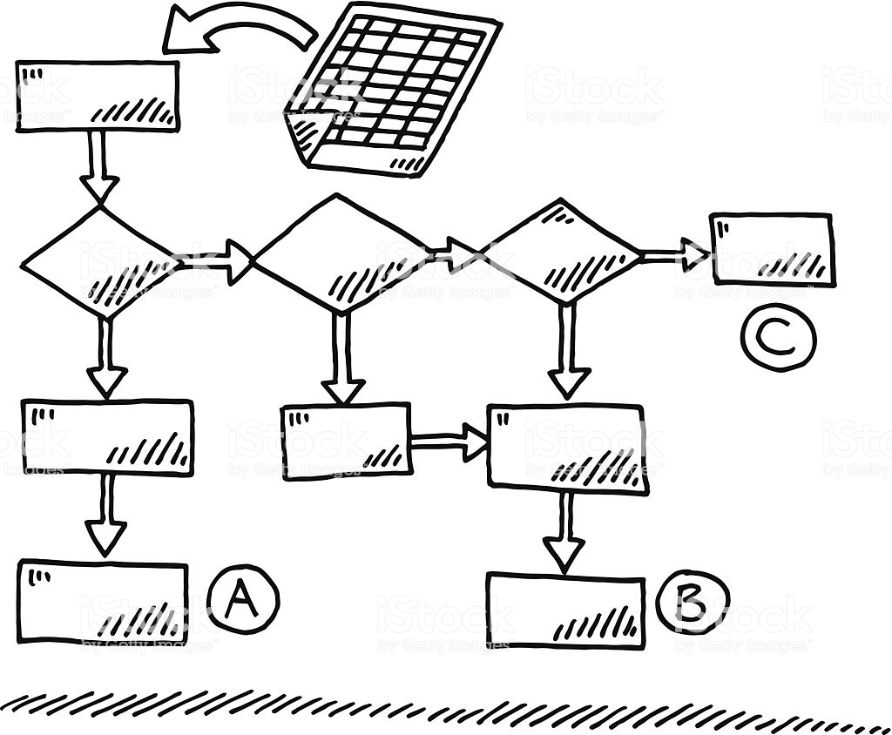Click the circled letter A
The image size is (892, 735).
click(x=243, y=598)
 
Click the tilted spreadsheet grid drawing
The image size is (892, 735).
click(x=395, y=87)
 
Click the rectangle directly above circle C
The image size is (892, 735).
click(x=773, y=248)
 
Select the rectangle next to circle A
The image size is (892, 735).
click(x=103, y=603)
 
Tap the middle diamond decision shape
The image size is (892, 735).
click(x=341, y=253)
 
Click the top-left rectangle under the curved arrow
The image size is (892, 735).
click(x=98, y=96)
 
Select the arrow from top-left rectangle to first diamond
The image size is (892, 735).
click(x=99, y=165)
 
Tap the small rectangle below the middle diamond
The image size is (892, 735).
click(x=347, y=441)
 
